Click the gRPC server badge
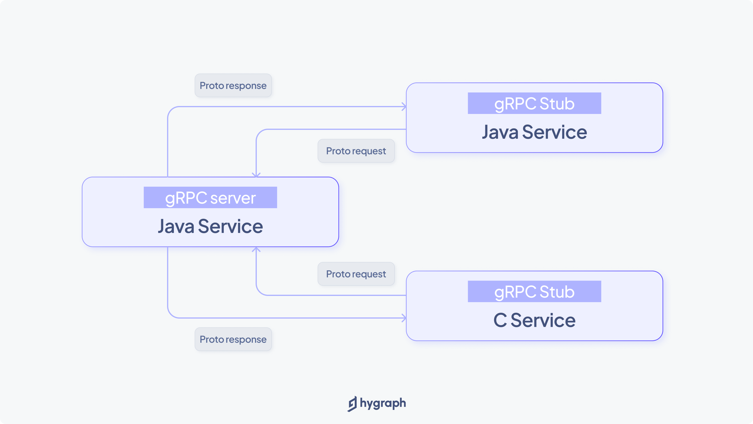pos(210,198)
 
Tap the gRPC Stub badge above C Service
pos(534,291)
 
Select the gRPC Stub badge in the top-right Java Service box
pos(534,103)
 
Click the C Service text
pos(534,320)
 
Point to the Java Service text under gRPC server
pos(210,226)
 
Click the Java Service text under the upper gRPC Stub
pos(534,132)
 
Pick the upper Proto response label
pos(233,85)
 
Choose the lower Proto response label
pos(233,339)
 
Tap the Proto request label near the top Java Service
pos(356,151)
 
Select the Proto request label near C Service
pos(356,274)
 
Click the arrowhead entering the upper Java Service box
pos(404,107)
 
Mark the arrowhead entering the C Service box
pos(404,318)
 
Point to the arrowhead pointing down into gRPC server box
pos(256,175)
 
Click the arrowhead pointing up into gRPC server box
pos(256,249)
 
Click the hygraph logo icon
pos(352,404)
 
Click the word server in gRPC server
pos(233,198)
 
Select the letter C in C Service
pos(500,320)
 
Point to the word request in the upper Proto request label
pos(369,151)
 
